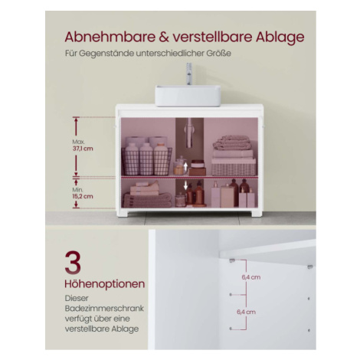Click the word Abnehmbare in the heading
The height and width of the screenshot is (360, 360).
[110, 37]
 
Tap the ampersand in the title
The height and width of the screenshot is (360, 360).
[164, 37]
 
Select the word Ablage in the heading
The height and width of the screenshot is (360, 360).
[280, 38]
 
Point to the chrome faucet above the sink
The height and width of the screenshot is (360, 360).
[189, 74]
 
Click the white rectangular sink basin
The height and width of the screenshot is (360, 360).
[188, 96]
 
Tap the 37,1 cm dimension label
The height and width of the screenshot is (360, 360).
[83, 149]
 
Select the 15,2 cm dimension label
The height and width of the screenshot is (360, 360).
[83, 196]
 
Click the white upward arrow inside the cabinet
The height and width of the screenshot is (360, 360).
[185, 166]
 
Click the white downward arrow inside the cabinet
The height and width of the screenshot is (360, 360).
[185, 185]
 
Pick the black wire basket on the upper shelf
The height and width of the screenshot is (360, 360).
[146, 162]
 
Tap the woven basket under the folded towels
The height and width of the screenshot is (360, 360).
[234, 167]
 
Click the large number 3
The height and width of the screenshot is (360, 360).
[73, 263]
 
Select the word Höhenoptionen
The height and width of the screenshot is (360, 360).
[105, 284]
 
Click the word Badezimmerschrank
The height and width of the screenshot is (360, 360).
[104, 308]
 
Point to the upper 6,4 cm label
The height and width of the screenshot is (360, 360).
[251, 277]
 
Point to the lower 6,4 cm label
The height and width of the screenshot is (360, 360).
[247, 312]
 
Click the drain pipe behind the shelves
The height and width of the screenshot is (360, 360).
[189, 133]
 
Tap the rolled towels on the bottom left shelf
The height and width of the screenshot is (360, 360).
[148, 200]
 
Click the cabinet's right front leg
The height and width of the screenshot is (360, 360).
[257, 213]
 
